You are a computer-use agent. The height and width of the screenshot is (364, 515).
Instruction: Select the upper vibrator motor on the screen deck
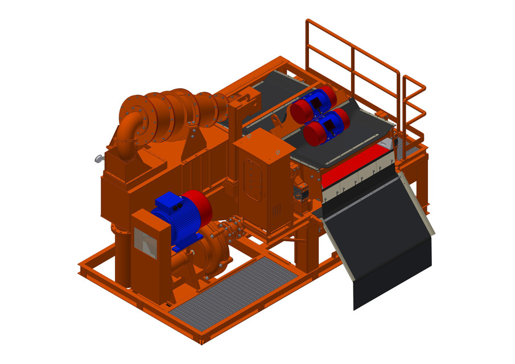pos(314,102)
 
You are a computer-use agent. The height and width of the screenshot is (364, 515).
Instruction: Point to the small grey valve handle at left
pos(98,159)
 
